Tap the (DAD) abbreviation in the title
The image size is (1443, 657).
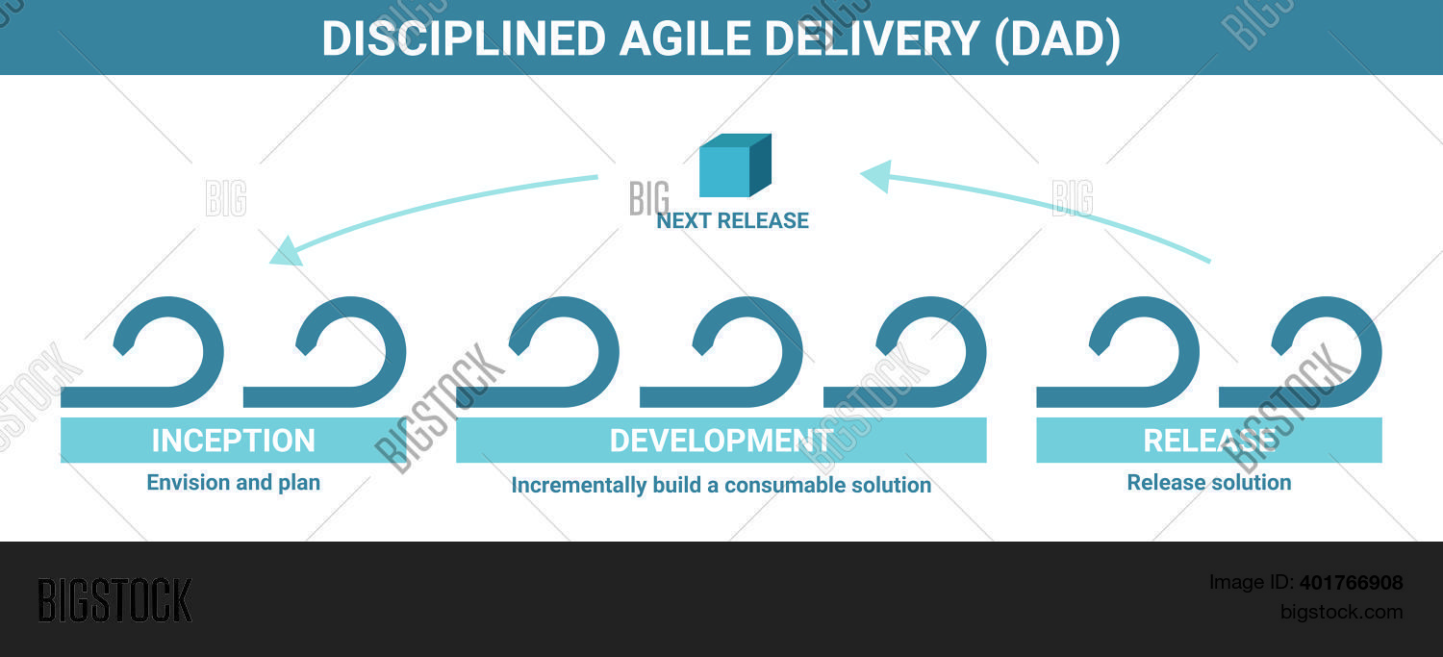tap(1057, 38)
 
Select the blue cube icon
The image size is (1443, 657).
tap(734, 165)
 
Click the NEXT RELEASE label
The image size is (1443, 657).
tap(732, 220)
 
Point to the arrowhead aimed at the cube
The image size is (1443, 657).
tap(875, 175)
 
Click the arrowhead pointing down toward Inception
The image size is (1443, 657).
tap(285, 251)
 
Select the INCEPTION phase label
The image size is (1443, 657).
tap(233, 441)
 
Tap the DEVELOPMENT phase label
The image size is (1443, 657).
tap(721, 441)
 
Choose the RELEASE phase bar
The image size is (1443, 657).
tap(1208, 441)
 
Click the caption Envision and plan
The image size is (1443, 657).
tap(233, 482)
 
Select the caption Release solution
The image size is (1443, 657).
tap(1208, 482)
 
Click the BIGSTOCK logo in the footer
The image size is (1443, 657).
tap(114, 600)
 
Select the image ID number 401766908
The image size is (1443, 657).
tap(1351, 582)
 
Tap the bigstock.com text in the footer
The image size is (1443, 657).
tap(1341, 612)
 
